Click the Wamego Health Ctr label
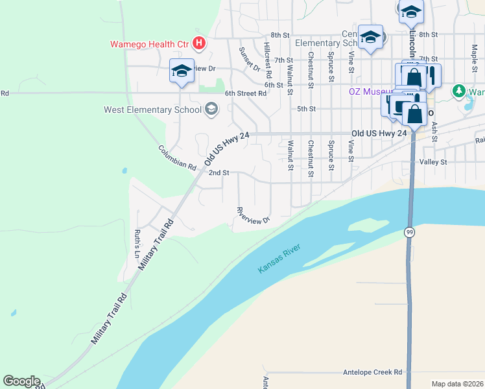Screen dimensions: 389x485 (x=148, y=44)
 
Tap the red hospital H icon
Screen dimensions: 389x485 (x=200, y=44)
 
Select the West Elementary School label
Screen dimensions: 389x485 (x=152, y=110)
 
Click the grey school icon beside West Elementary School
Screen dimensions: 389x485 (x=211, y=109)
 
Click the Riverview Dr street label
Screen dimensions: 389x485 (x=253, y=216)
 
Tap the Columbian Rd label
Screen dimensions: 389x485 (x=177, y=158)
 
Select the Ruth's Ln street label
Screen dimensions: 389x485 (x=137, y=243)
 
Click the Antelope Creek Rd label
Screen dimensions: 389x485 (x=372, y=372)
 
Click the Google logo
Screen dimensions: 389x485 (x=21, y=381)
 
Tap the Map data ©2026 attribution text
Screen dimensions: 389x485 (x=457, y=384)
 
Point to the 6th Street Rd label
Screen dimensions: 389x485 (x=246, y=93)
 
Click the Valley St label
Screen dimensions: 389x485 (x=434, y=161)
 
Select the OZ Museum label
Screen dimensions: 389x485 (x=368, y=91)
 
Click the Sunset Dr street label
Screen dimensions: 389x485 (x=248, y=59)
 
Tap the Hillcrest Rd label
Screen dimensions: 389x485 (x=267, y=57)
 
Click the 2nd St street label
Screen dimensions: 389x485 (x=219, y=173)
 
